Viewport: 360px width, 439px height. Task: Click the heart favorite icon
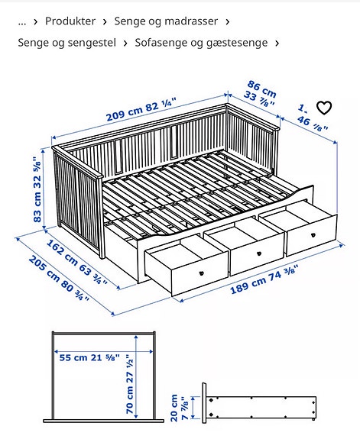pos(324,108)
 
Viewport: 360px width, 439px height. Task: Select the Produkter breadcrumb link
pos(70,21)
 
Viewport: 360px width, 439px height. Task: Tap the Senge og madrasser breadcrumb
pos(166,21)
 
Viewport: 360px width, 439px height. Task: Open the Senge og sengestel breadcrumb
pos(66,43)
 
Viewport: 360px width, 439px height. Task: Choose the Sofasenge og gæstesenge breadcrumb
pos(201,43)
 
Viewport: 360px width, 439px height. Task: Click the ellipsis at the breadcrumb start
pos(22,21)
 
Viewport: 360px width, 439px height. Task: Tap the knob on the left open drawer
pos(201,272)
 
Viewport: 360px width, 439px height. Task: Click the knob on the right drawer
pos(312,233)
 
